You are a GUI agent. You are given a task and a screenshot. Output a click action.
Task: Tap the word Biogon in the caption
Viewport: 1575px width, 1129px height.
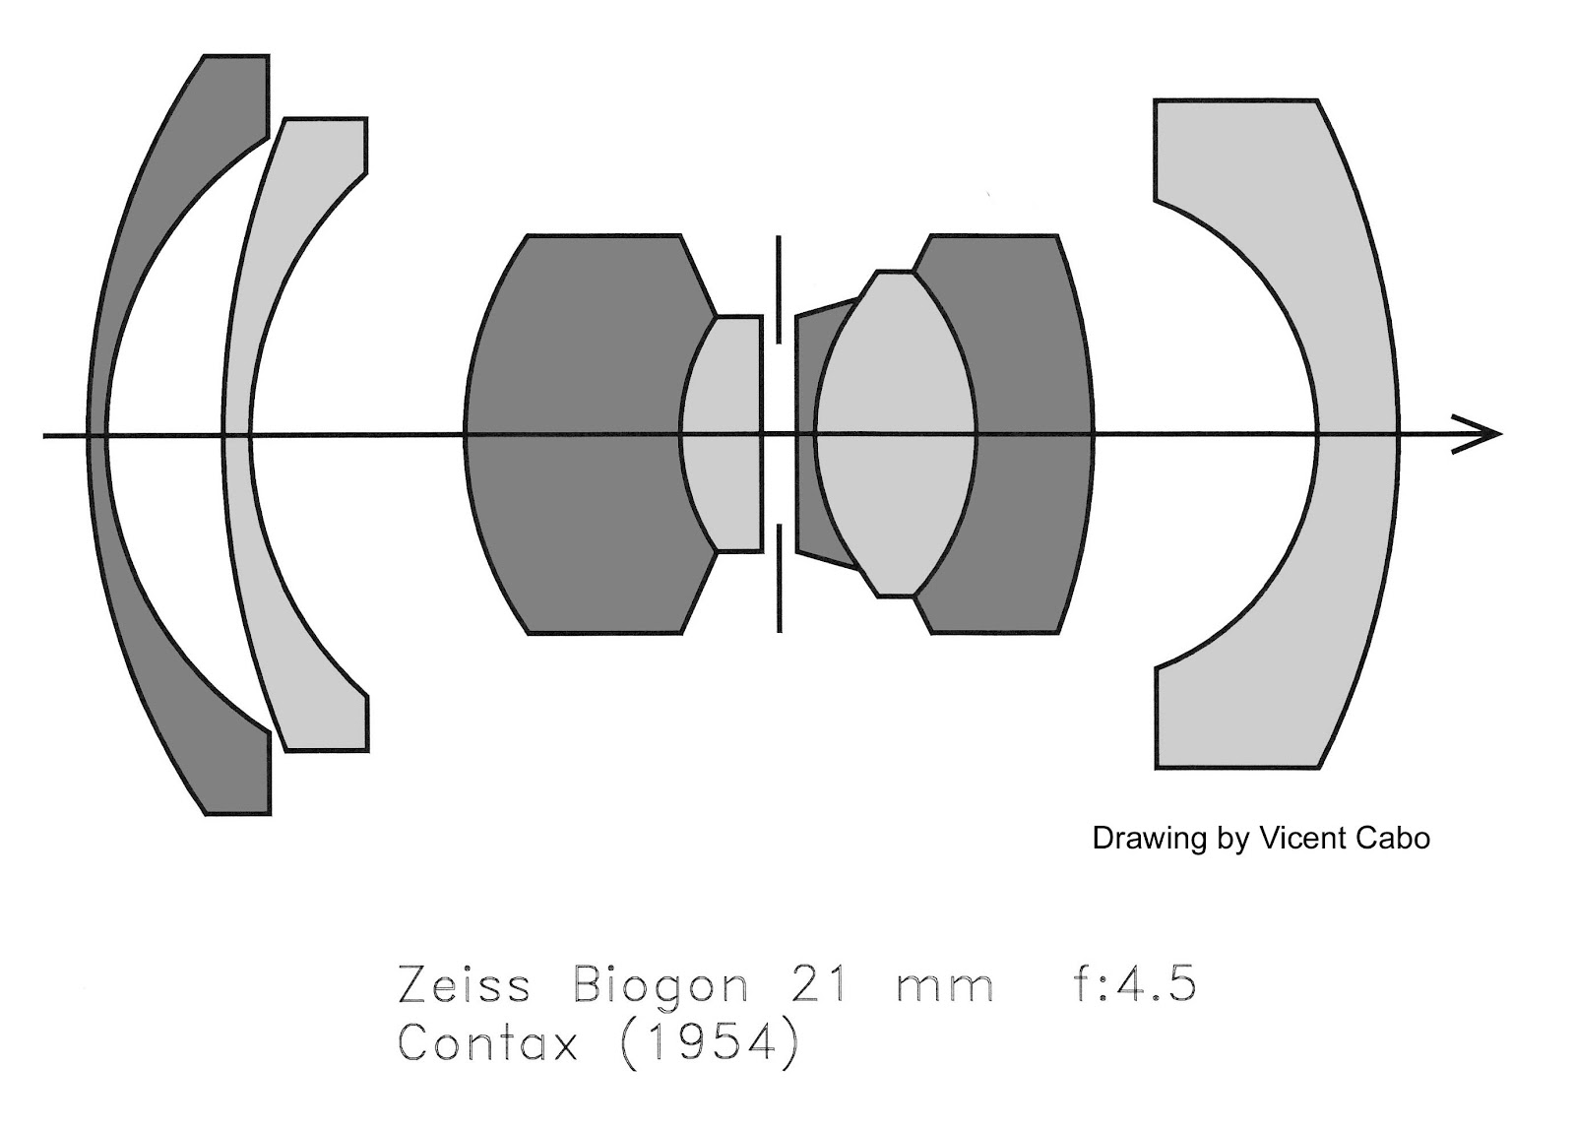(x=660, y=987)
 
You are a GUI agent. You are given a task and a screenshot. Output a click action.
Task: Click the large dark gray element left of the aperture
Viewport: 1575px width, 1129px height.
(x=571, y=433)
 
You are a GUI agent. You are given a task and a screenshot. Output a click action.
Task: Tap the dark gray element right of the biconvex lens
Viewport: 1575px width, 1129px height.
(x=1034, y=433)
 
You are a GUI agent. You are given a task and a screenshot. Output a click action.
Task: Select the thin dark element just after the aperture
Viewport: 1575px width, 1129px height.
(x=806, y=433)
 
